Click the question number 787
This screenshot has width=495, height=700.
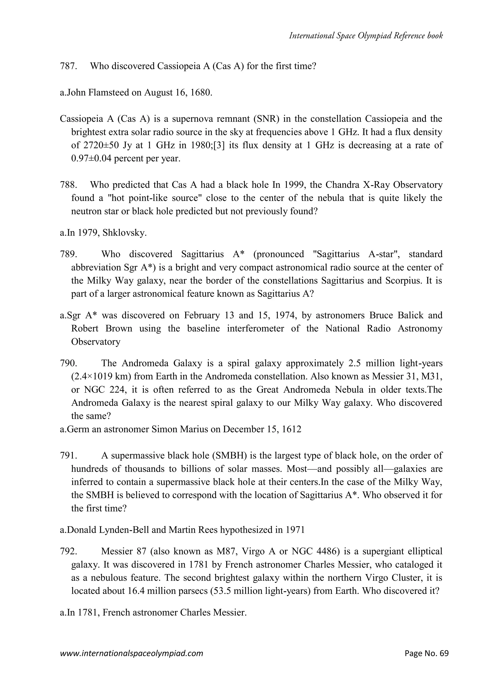pos(68,66)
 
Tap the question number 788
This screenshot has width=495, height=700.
pos(68,185)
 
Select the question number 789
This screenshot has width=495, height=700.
pos(68,254)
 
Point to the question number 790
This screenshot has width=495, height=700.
pos(68,363)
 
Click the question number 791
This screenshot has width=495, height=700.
pos(68,455)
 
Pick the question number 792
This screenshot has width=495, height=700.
pos(68,551)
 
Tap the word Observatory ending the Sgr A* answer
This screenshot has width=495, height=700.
pos(96,342)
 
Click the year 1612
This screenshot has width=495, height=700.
pos(291,429)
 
